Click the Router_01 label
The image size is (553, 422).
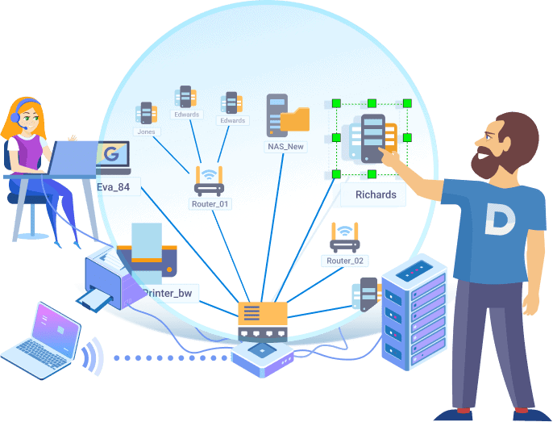210,204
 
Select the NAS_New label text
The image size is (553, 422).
285,147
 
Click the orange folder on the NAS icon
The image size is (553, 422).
294,119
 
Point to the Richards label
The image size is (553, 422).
376,194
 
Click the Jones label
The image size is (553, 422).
148,131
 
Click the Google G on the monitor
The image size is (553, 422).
111,155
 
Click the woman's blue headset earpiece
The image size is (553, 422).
15,118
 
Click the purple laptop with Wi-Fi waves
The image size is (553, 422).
43,340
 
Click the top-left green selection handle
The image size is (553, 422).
336,104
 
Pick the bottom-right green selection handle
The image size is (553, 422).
406,173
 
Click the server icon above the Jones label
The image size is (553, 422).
146,111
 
